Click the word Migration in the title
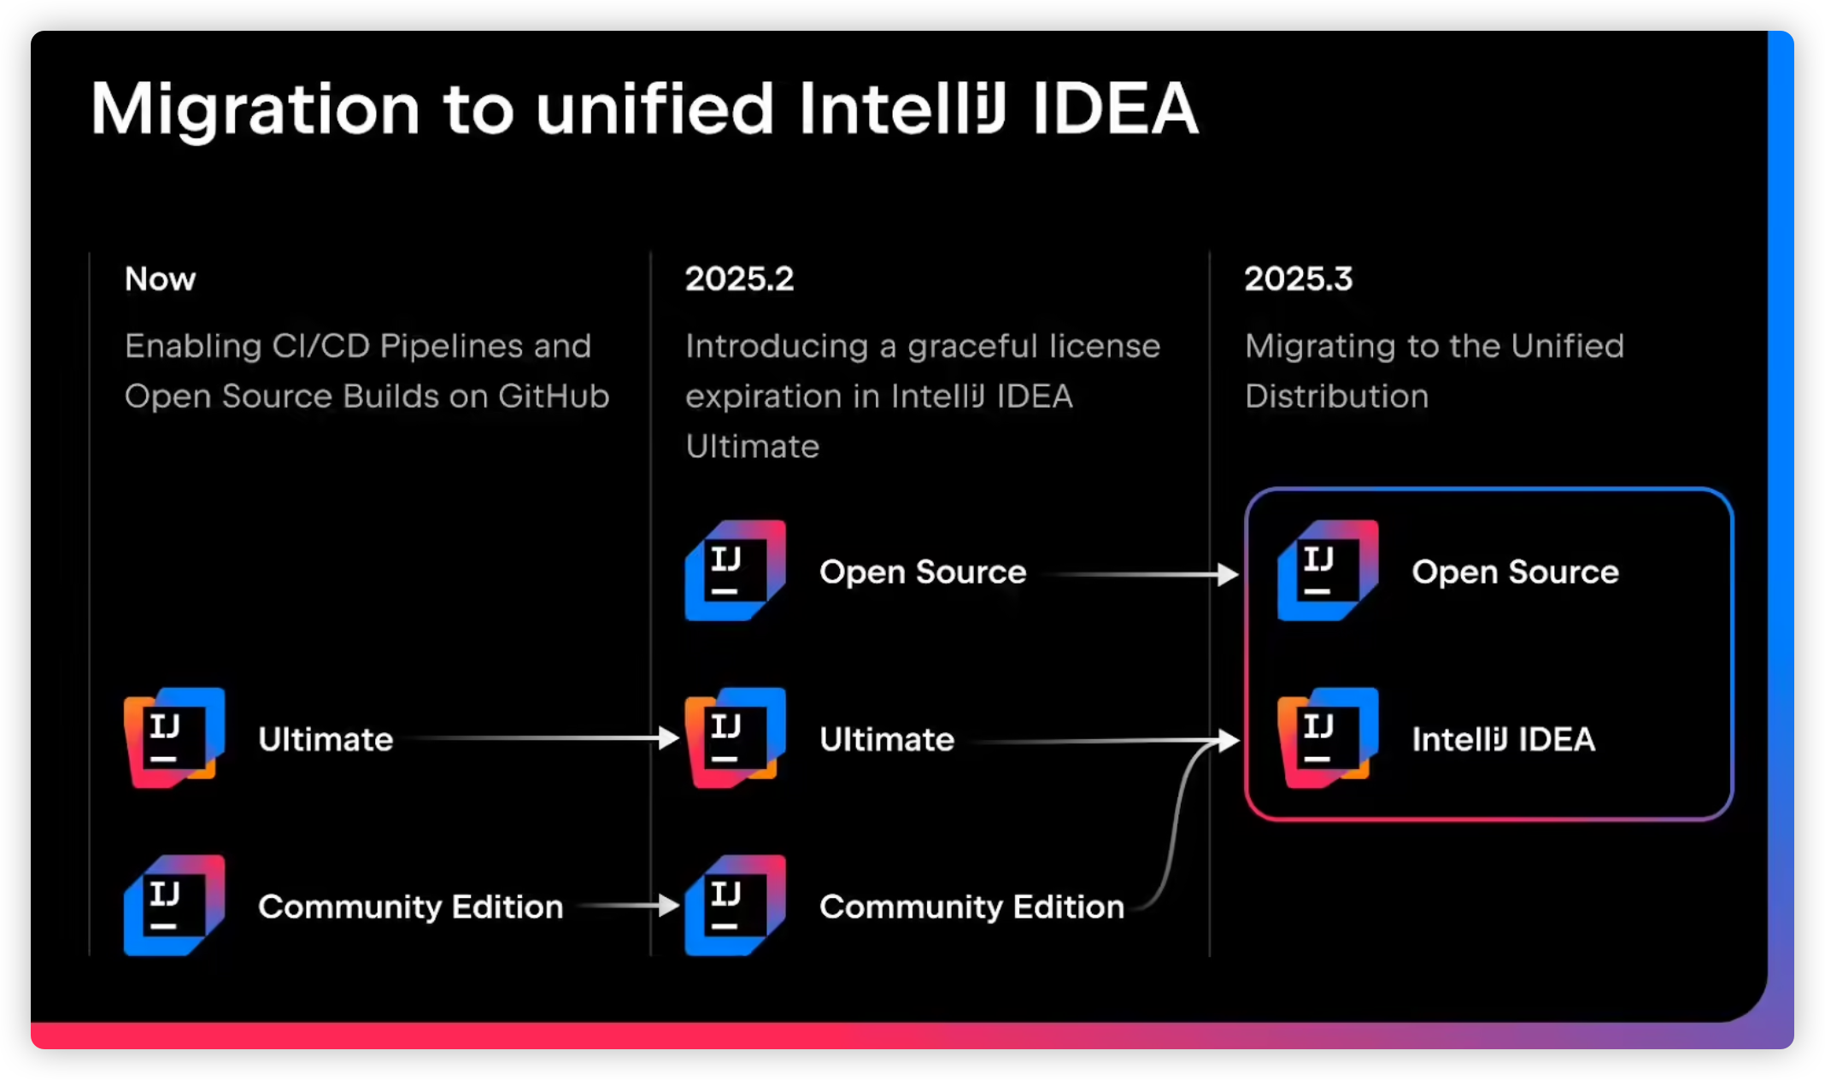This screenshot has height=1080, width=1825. [x=255, y=109]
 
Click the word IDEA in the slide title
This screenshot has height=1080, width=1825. [x=1115, y=109]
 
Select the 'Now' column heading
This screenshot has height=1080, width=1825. [x=160, y=279]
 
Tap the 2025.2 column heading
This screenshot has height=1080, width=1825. [x=739, y=279]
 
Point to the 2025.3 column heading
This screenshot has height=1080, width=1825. [x=1298, y=279]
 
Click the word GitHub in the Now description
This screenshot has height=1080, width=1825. [x=554, y=396]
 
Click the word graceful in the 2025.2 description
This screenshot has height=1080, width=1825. [x=972, y=347]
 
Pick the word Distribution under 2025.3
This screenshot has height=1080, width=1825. [x=1336, y=396]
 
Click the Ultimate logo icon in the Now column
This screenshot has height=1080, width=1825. [x=174, y=737]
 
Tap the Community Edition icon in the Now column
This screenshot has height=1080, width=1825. [x=174, y=905]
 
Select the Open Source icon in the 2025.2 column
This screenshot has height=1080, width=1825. [x=735, y=570]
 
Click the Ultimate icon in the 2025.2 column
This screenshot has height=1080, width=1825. [x=735, y=737]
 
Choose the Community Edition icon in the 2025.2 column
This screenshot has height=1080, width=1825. [x=735, y=905]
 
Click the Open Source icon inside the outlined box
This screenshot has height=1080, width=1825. [x=1327, y=570]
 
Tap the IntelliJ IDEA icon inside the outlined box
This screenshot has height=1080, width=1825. [x=1327, y=737]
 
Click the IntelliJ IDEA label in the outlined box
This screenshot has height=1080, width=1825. [x=1503, y=740]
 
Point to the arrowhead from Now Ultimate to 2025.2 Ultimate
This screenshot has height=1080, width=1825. [x=669, y=737]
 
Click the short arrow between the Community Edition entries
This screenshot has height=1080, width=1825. [x=628, y=905]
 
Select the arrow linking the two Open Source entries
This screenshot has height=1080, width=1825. [x=1136, y=574]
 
